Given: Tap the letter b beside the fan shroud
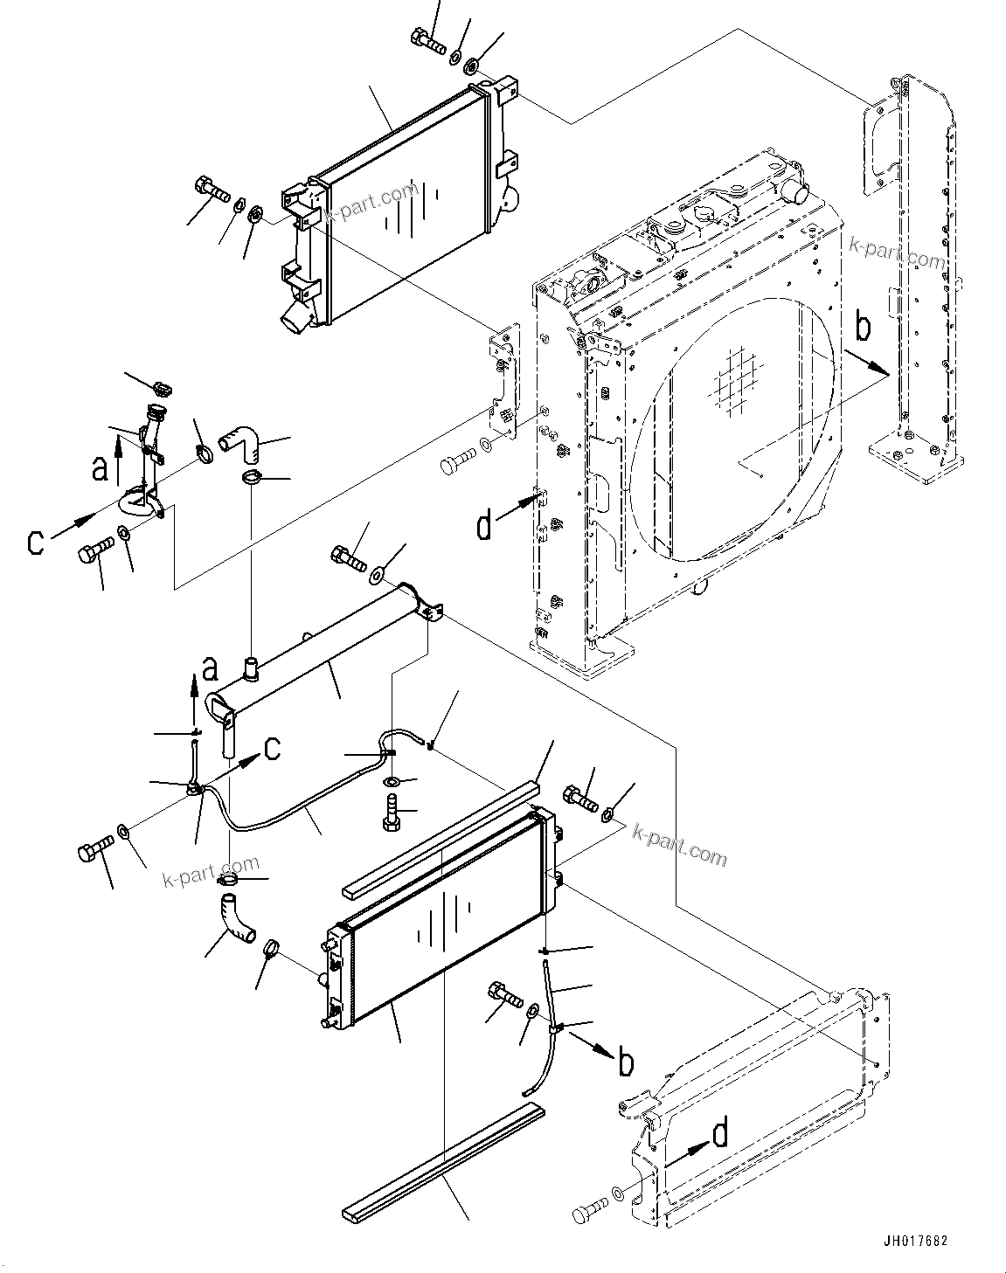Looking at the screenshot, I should point(862,328).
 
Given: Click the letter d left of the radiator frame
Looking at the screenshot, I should point(483,526).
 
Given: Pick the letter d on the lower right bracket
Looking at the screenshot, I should point(719,1134).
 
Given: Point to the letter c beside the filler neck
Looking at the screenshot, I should point(35,541).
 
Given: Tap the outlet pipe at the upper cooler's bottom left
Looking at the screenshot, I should point(295,320).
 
